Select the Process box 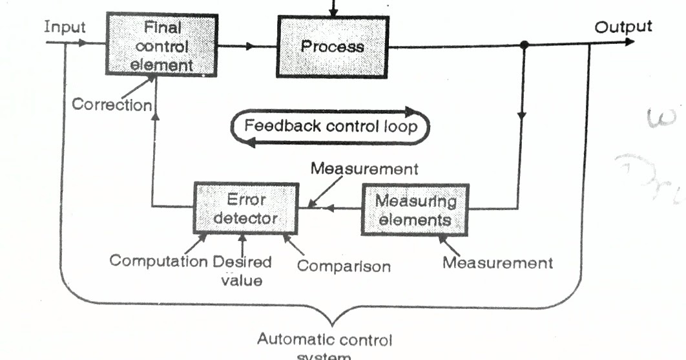point(332,47)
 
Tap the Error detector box point(245,208)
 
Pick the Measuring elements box point(414,209)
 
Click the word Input point(65,27)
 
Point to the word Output point(623,26)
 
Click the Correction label point(111,105)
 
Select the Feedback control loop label point(330,125)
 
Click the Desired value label point(242,271)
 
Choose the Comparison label point(344,266)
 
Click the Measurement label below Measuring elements point(497,262)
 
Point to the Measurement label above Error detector point(364,169)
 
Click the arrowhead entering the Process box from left point(252,46)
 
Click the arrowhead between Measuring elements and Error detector point(328,209)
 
